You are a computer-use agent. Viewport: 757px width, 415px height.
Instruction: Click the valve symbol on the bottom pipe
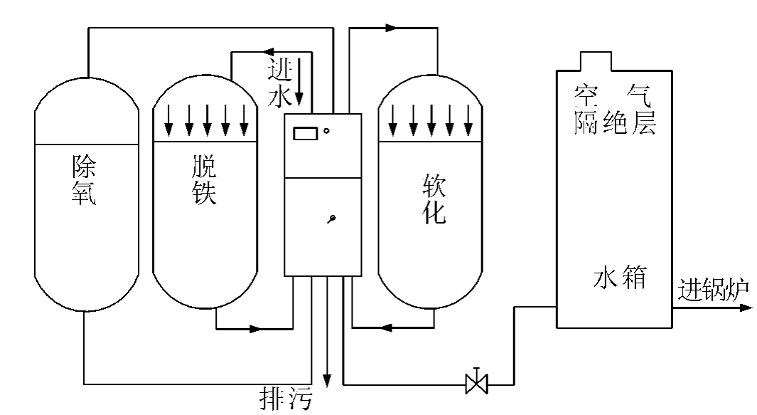476,383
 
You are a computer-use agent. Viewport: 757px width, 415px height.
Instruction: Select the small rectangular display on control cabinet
306,132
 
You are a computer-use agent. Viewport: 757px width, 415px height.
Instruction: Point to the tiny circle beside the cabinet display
326,130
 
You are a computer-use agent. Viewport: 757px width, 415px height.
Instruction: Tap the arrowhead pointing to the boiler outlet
745,308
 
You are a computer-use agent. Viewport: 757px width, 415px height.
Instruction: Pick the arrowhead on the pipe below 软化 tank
386,328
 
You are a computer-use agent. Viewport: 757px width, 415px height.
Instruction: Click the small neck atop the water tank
595,61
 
